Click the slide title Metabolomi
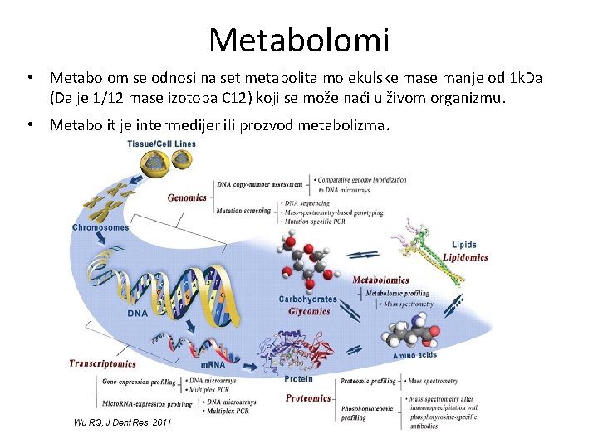pos(299,39)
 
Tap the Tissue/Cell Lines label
pos(161,144)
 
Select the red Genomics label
pos(187,198)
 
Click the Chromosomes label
pos(100,227)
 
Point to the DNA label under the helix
pos(138,314)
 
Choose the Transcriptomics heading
pos(102,363)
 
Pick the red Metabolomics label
pos(380,280)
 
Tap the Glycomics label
pos(309,312)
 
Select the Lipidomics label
pos(465,257)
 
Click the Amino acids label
pos(414,355)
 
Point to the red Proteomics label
pos(308,398)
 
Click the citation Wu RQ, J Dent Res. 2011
pos(122,422)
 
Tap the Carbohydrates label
pos(307,299)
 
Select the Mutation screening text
pos(243,211)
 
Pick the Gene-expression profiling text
pos(139,382)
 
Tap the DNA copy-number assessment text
pos(259,184)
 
